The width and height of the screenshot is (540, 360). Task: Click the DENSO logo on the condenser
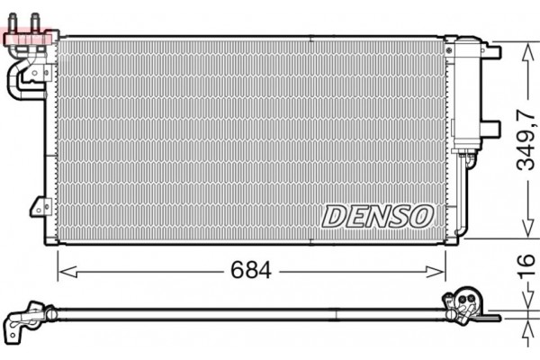click(x=378, y=215)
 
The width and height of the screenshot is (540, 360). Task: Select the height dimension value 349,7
click(x=524, y=139)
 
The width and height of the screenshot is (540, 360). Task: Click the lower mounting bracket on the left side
click(x=40, y=206)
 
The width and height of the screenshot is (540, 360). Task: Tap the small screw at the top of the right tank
click(x=450, y=54)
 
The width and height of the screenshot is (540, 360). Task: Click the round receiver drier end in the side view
click(x=466, y=301)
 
